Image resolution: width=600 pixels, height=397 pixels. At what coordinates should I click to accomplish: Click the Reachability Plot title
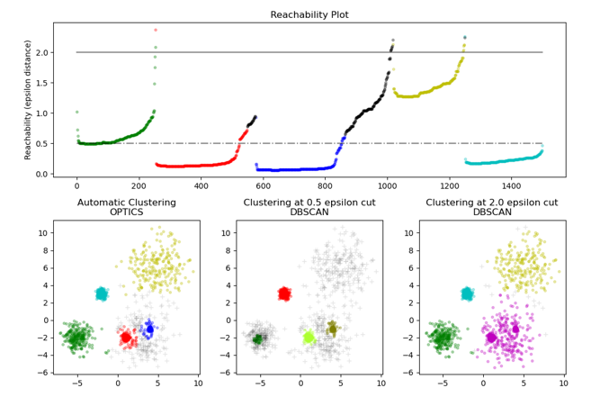tap(309, 14)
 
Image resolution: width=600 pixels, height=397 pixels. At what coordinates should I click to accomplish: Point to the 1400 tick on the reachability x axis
tap(512, 186)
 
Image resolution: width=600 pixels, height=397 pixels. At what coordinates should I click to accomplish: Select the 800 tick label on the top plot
tap(326, 186)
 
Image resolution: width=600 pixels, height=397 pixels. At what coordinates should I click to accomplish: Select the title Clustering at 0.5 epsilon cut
tap(309, 202)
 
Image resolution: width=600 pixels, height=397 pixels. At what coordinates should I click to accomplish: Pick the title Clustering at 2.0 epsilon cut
tap(490, 202)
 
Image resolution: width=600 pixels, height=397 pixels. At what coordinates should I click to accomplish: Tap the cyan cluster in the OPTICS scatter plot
tap(102, 293)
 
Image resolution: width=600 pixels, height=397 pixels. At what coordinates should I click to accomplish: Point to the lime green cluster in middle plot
tap(309, 338)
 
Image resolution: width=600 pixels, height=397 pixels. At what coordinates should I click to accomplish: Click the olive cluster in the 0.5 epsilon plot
tap(332, 329)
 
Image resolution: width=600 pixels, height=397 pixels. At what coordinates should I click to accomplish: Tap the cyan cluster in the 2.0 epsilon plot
tap(466, 293)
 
